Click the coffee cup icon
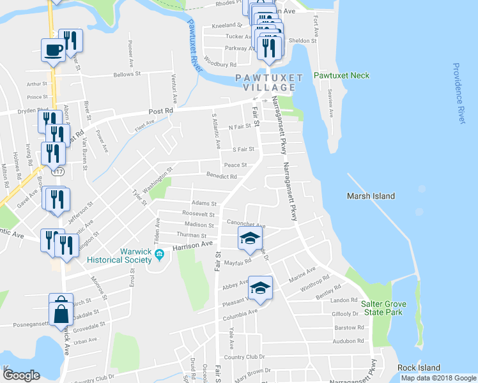click(53, 50)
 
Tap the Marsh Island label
click(371, 196)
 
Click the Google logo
click(21, 375)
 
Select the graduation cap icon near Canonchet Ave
click(250, 239)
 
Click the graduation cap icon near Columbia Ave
click(260, 287)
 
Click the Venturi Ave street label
click(173, 88)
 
